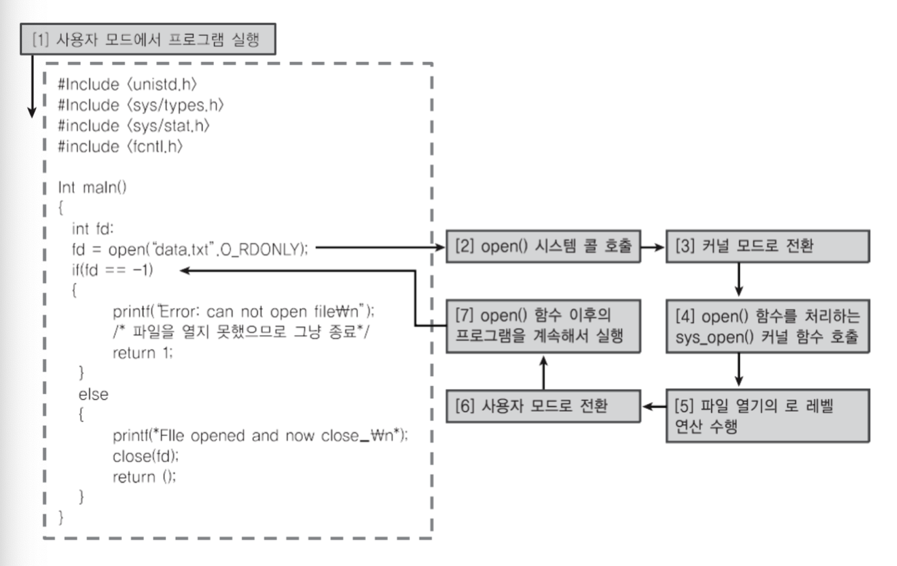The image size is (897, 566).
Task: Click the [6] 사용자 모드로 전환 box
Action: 542,406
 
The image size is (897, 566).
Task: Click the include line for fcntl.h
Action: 120,146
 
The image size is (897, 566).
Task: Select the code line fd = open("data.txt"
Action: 189,249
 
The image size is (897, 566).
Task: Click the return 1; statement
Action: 143,353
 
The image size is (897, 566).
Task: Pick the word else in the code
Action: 93,394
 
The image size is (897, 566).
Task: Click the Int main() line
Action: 92,187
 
